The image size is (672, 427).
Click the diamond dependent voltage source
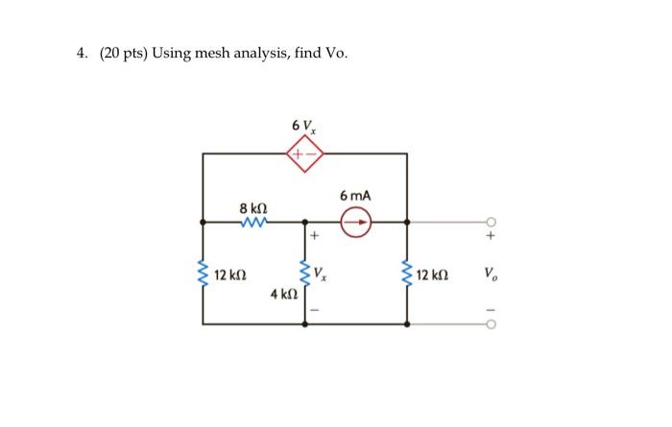[x=305, y=153]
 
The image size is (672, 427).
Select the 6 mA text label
[x=355, y=196]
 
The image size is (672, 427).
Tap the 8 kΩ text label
[x=253, y=204]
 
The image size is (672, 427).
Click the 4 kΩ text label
[x=284, y=297]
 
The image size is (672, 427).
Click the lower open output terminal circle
[x=491, y=324]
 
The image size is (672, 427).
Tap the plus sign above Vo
[x=491, y=234]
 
